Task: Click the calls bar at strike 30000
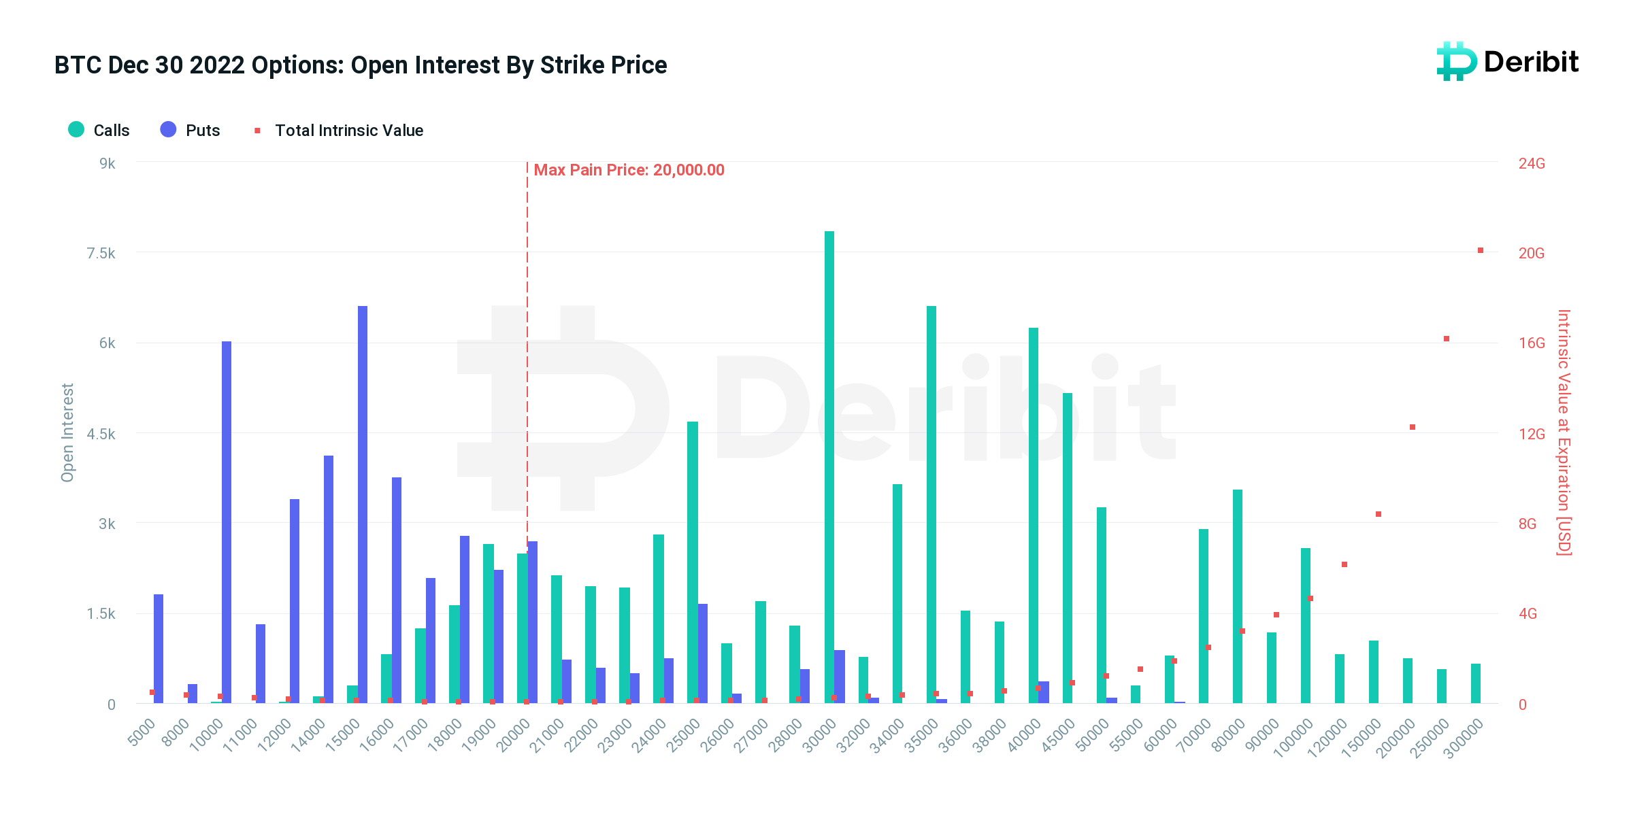(829, 469)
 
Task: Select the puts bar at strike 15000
(363, 503)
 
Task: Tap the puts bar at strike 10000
(227, 524)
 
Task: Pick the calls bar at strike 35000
(931, 503)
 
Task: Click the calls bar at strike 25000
(692, 564)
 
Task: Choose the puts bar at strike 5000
(159, 649)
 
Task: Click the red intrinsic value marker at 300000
(1481, 250)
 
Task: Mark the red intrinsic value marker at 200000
(1413, 427)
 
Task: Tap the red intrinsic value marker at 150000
(1379, 514)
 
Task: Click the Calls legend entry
(99, 130)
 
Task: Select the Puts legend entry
(191, 130)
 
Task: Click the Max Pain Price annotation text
(629, 170)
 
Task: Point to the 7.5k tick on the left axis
(101, 253)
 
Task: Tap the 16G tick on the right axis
(1532, 343)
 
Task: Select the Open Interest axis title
(67, 432)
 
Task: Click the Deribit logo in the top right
(1508, 62)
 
